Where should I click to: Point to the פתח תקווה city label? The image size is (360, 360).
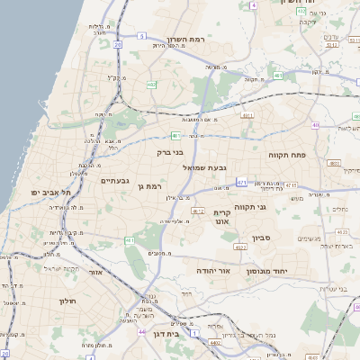tap(288, 155)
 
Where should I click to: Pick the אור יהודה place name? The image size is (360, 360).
tap(214, 269)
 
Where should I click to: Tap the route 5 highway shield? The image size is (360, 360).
tap(141, 36)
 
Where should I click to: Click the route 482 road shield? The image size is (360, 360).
tap(151, 85)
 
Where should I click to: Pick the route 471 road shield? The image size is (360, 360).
tap(241, 182)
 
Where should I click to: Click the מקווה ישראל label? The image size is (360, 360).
tap(61, 269)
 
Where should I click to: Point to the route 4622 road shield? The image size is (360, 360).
tap(239, 246)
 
